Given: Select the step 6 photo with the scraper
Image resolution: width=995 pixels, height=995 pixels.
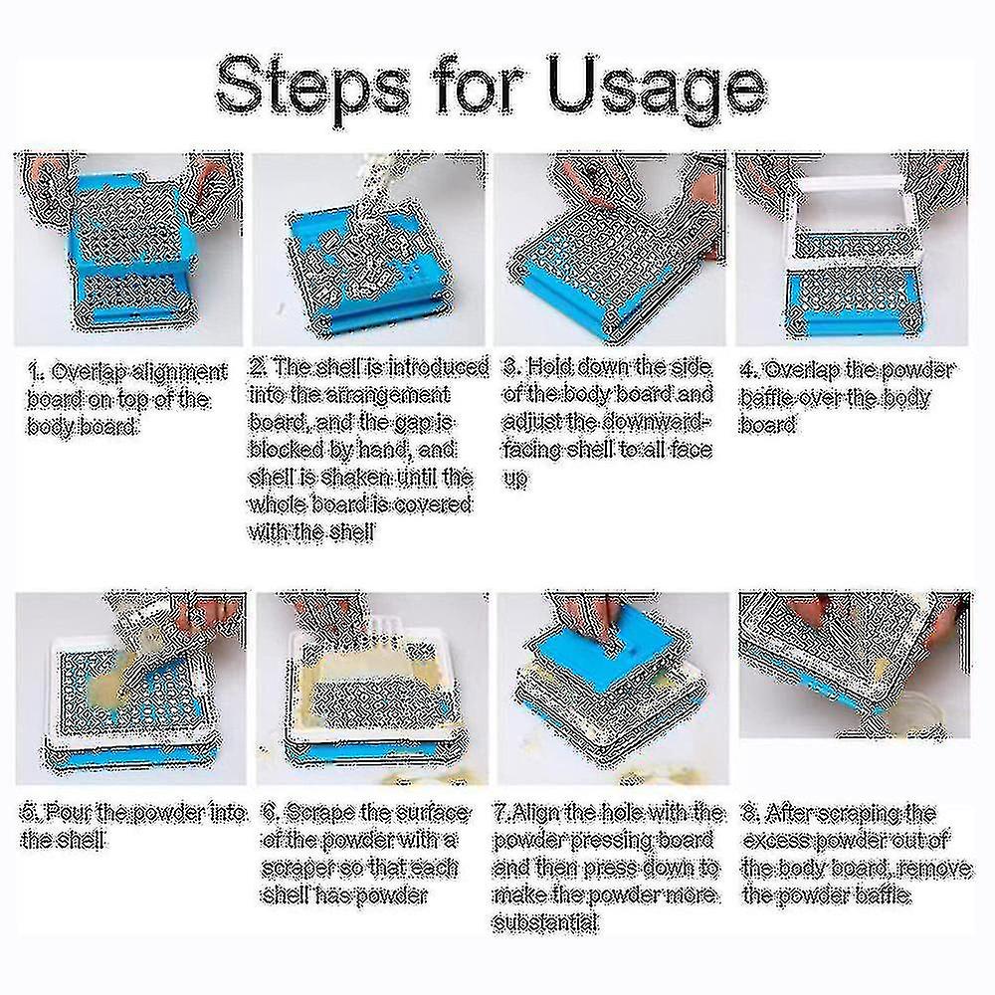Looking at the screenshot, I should (372, 687).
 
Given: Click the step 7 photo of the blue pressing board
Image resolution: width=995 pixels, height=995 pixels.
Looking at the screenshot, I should (613, 687).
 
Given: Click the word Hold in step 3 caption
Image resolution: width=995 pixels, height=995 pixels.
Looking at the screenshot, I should (553, 367).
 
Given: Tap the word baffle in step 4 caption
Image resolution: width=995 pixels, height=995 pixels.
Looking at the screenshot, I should (771, 397).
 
